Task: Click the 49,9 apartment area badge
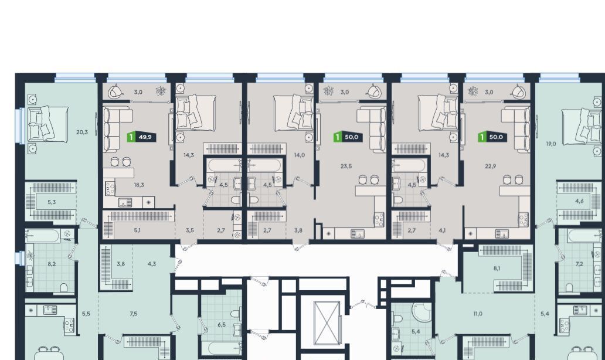point(142,137)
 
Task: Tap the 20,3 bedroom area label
point(82,132)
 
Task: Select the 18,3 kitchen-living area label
point(139,185)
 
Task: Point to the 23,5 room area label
point(346,167)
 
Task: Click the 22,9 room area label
point(491,167)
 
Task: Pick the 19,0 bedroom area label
point(551,144)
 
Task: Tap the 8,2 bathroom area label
point(52,264)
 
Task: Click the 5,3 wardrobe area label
point(52,202)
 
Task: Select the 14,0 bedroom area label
point(300,155)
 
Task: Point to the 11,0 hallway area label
point(478,314)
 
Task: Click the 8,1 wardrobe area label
point(497,268)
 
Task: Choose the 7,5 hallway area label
point(134,314)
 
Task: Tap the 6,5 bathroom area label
point(222,324)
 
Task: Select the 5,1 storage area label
point(137,230)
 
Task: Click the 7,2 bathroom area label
point(579,264)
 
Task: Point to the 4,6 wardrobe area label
point(579,201)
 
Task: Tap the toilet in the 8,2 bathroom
point(64,287)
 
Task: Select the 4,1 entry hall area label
point(442,230)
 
